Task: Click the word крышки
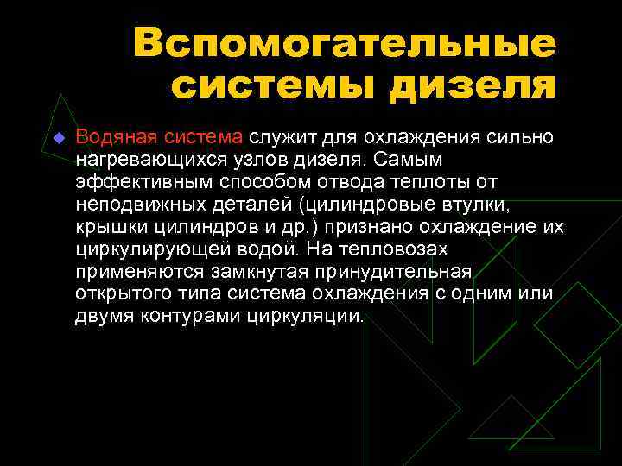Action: coord(110,227)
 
